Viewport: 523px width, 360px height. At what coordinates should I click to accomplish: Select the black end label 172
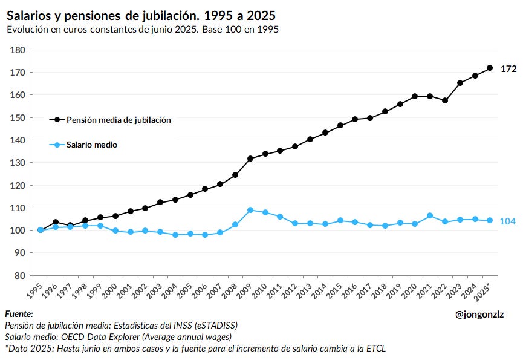508,69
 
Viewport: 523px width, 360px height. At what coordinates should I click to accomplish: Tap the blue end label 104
507,221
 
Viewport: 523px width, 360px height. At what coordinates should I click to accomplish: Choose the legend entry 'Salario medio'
92,145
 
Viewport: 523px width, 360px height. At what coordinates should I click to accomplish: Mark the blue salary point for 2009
250,210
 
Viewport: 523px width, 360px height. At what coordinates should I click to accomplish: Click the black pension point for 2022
445,100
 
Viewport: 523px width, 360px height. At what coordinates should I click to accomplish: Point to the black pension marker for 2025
490,68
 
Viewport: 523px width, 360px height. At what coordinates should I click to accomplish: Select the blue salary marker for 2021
430,215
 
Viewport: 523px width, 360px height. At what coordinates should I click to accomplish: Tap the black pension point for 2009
250,159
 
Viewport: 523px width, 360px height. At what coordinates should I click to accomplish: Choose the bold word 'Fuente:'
19,314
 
